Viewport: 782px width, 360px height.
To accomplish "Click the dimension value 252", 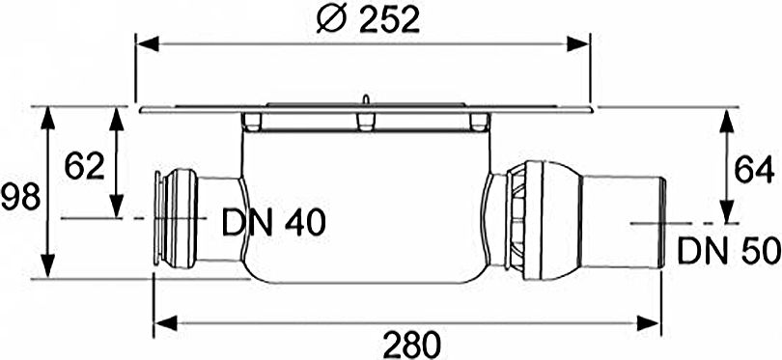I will pos(389,19).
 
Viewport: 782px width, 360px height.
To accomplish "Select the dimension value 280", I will pos(410,343).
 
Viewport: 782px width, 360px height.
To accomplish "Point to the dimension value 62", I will pos(85,166).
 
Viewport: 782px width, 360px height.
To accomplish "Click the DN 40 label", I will pos(273,222).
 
